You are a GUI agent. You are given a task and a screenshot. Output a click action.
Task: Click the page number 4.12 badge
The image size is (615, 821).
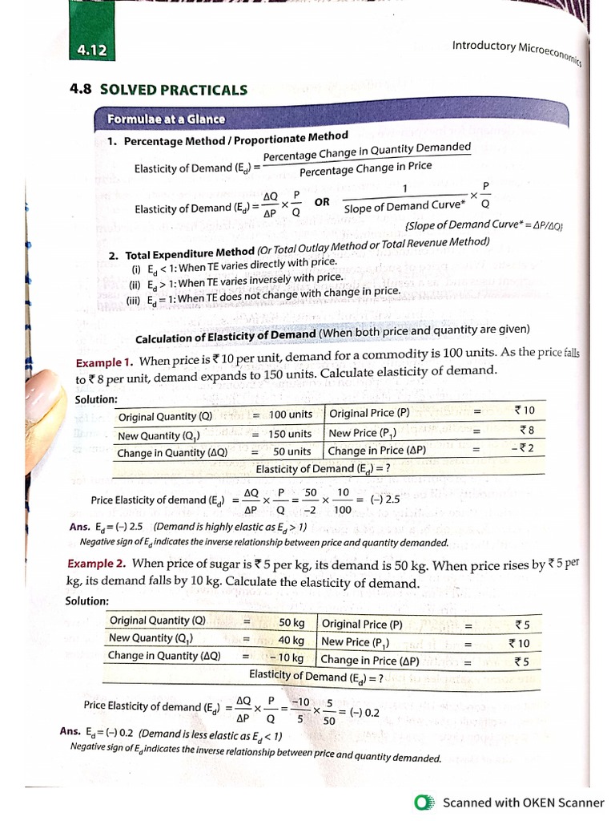pos(91,51)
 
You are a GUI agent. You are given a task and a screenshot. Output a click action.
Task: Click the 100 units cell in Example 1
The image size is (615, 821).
pos(290,415)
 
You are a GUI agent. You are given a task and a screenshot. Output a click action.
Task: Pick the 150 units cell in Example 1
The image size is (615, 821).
pos(290,434)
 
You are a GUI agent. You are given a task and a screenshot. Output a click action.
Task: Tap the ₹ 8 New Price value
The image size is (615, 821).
pos(525,430)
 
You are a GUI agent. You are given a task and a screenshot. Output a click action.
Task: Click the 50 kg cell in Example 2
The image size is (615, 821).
pos(291,622)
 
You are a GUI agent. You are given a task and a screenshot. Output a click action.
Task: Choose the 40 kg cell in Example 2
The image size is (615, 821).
pos(291,640)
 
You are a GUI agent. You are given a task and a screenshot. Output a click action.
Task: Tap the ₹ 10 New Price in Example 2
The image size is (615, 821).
pos(519,643)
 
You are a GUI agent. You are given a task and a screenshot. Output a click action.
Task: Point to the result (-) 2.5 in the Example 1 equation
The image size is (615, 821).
pos(384,499)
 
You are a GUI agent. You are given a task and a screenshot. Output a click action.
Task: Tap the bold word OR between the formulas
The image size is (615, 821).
pos(322,202)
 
